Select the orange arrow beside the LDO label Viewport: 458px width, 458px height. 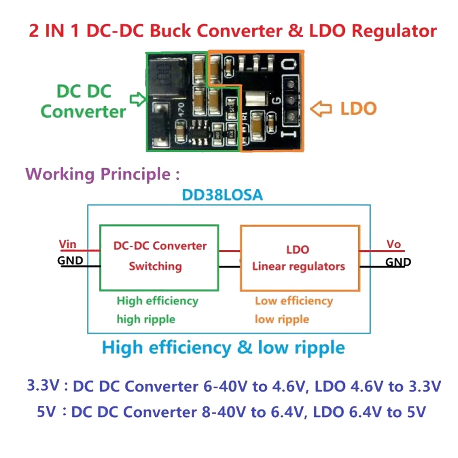click(x=320, y=109)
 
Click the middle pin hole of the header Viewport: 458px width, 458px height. click(x=290, y=99)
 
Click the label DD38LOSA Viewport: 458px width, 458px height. click(x=223, y=195)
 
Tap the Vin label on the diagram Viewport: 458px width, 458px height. click(x=68, y=244)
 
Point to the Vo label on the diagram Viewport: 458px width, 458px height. click(x=393, y=244)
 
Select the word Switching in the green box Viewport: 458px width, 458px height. click(x=155, y=266)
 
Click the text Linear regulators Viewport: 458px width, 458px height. click(x=298, y=266)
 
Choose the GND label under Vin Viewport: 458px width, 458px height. click(x=70, y=261)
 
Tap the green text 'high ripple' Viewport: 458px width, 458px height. click(x=146, y=319)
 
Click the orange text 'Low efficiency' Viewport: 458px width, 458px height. click(x=294, y=301)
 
